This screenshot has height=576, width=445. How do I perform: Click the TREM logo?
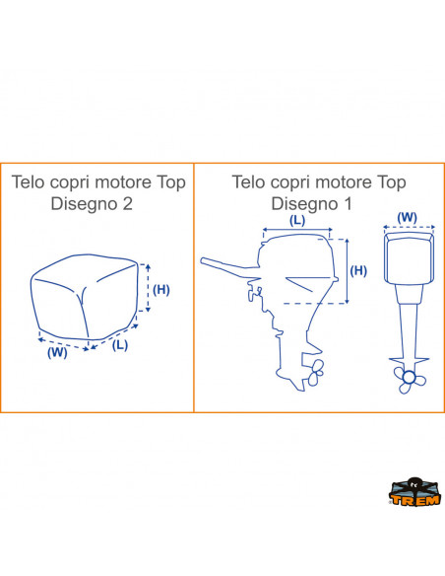(x=414, y=492)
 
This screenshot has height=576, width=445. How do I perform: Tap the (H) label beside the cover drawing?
(x=160, y=289)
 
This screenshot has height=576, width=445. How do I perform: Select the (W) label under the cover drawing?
(x=57, y=353)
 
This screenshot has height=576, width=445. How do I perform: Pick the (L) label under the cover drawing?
(x=119, y=345)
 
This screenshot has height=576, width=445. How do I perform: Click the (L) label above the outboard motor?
(x=297, y=220)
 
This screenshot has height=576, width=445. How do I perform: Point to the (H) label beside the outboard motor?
(x=358, y=270)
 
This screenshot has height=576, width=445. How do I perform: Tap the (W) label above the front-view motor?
(x=408, y=217)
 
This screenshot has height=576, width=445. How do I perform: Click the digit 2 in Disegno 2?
(x=127, y=203)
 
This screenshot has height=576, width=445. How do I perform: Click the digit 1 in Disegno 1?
(x=348, y=203)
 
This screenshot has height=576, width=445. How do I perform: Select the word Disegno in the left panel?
(x=85, y=204)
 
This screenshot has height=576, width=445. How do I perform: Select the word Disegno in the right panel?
(x=304, y=204)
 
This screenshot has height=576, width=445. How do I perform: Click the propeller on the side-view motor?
(x=316, y=372)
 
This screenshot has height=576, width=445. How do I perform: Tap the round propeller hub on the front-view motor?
(x=408, y=378)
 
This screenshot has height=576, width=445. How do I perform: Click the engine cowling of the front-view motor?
(x=409, y=258)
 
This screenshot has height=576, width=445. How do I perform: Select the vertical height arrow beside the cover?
(x=148, y=288)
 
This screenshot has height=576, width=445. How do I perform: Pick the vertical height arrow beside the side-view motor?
(x=348, y=271)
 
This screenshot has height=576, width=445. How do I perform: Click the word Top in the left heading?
(x=171, y=182)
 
